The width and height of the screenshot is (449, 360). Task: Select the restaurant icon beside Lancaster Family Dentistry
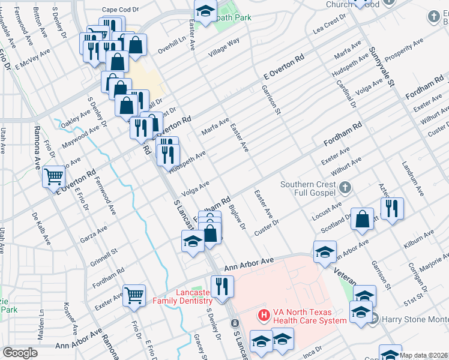click(x=222, y=286)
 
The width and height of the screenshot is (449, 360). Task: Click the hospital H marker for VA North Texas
click(x=262, y=314)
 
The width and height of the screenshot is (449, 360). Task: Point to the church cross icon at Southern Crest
click(x=345, y=188)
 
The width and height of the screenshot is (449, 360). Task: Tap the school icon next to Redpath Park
click(x=205, y=11)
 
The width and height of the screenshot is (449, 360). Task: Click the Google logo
click(x=20, y=353)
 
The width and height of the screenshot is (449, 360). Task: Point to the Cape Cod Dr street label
click(x=120, y=10)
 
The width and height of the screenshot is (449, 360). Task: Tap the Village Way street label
click(x=224, y=47)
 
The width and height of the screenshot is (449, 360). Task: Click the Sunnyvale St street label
click(x=381, y=67)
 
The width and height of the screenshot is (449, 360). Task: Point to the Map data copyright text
click(x=423, y=355)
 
